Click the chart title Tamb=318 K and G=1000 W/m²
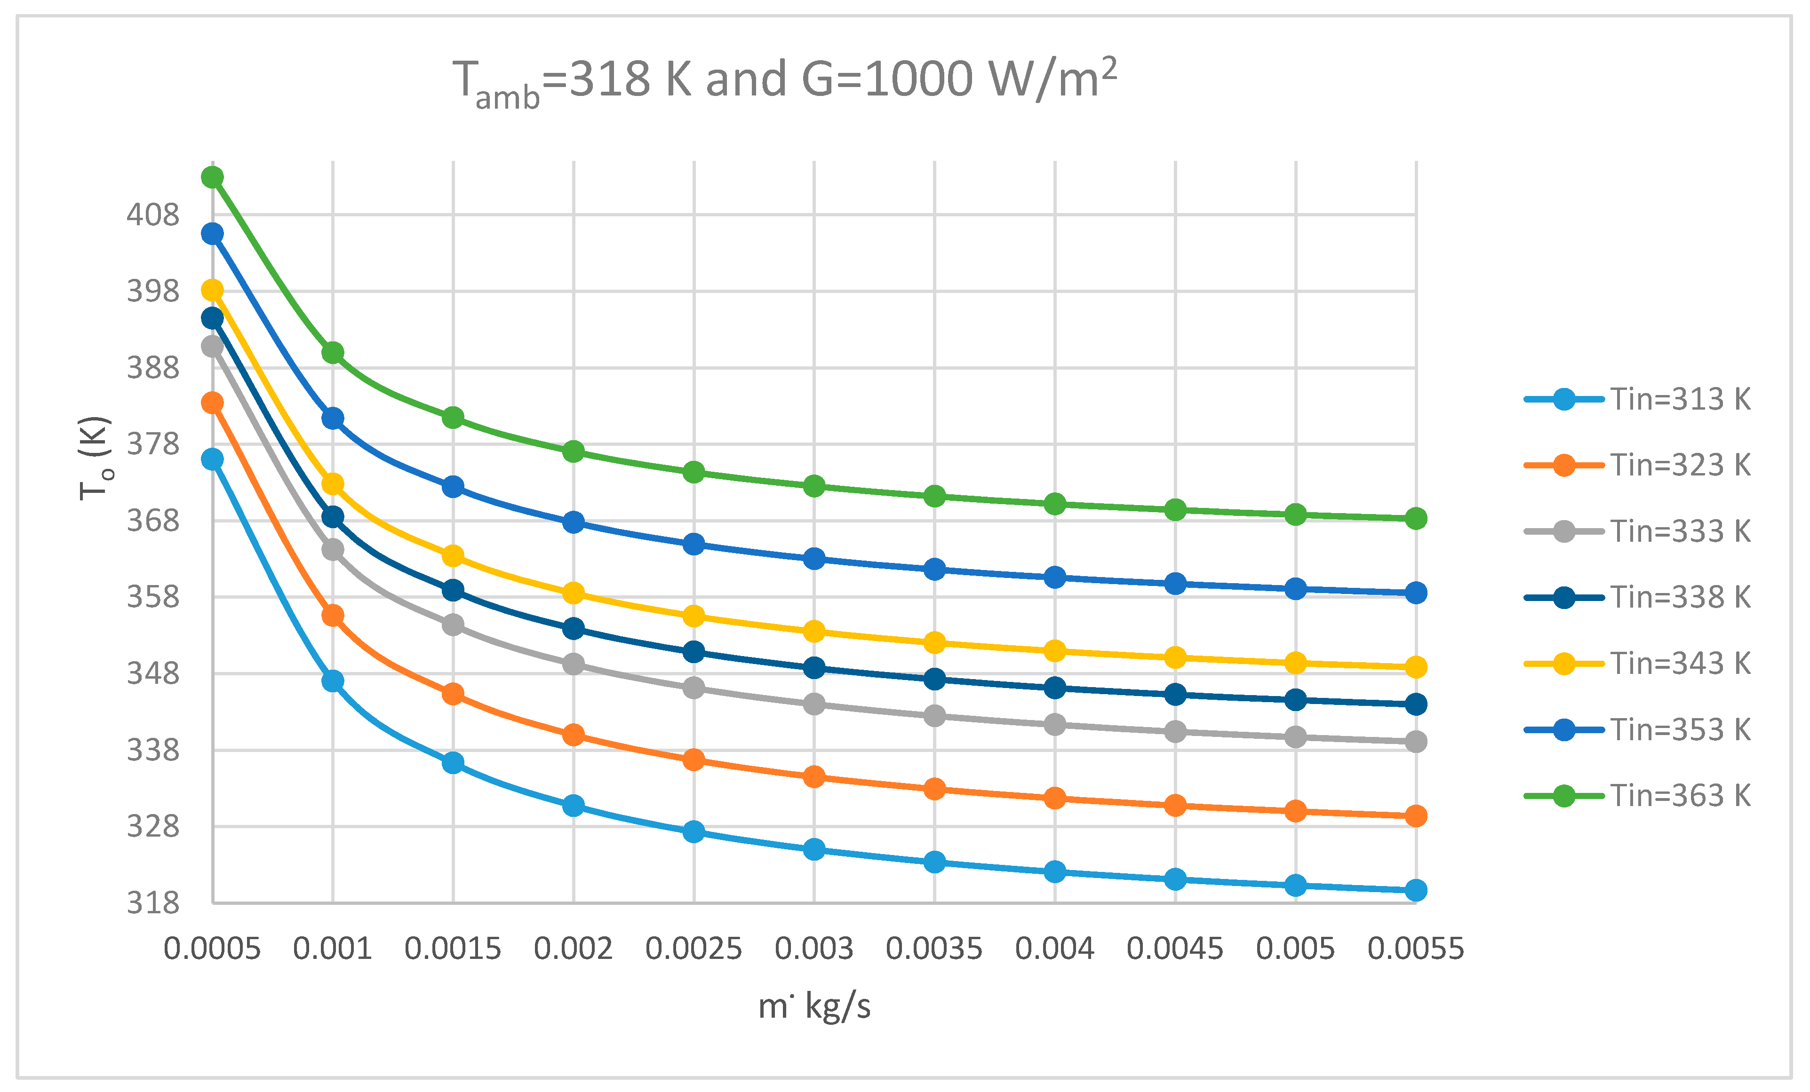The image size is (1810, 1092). [x=784, y=81]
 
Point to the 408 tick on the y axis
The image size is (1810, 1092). [x=153, y=215]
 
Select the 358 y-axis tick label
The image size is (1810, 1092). [x=153, y=597]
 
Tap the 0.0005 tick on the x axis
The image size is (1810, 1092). [x=212, y=949]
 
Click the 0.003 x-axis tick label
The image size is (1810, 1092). [x=814, y=949]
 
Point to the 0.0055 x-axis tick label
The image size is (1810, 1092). [x=1416, y=949]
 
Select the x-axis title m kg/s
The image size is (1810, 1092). [x=814, y=1005]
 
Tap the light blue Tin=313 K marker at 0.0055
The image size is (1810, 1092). [x=1416, y=890]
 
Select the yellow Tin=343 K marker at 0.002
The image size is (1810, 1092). [x=574, y=593]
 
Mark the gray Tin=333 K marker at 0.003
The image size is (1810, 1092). [x=814, y=704]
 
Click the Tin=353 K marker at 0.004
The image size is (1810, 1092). [x=1055, y=577]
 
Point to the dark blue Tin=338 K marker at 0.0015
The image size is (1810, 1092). [x=453, y=590]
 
